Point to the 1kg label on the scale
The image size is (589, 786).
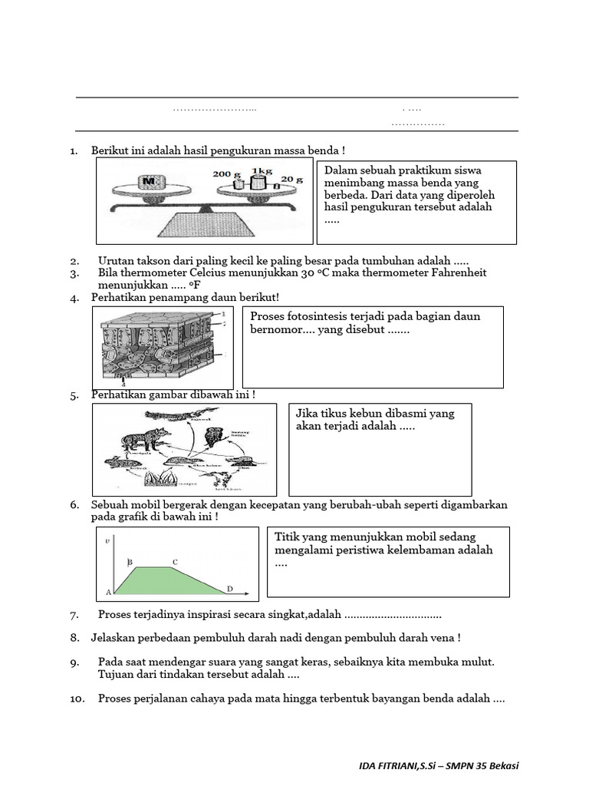coord(262,171)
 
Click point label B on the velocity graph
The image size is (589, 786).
coord(130,563)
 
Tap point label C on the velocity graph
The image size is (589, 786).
coord(175,563)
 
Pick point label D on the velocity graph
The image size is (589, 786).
coord(229,589)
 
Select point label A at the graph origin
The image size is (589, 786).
coord(108,593)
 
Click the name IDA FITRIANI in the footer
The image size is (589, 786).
coord(390,766)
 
